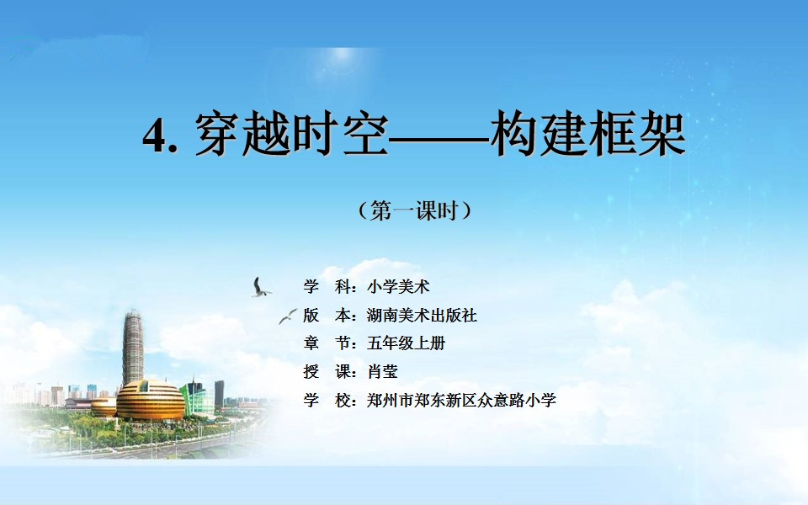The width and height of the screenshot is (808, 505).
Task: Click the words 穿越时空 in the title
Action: click(290, 134)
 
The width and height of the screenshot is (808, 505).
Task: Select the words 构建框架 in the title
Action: click(588, 134)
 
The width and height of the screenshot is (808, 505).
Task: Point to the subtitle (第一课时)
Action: click(414, 210)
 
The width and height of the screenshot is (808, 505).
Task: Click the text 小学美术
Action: click(398, 286)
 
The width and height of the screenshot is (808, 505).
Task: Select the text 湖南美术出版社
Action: click(422, 315)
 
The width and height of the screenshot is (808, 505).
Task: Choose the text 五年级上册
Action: click(406, 343)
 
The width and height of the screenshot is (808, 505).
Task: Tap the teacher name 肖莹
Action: click(382, 371)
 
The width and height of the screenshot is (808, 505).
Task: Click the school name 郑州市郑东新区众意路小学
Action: click(462, 400)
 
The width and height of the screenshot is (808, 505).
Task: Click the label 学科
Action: click(327, 286)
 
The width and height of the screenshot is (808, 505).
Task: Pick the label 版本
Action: click(327, 315)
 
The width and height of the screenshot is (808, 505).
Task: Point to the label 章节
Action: click(327, 343)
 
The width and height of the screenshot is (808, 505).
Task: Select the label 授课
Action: click(327, 371)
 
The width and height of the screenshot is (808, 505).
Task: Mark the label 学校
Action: click(327, 400)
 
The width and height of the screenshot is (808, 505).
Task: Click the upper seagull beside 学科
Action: click(260, 288)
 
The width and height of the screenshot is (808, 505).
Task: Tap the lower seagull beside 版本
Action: click(288, 316)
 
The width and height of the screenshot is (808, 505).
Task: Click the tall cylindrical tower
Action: click(133, 347)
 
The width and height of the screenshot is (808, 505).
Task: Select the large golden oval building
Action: click(150, 400)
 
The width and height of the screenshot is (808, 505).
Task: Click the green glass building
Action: click(197, 399)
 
